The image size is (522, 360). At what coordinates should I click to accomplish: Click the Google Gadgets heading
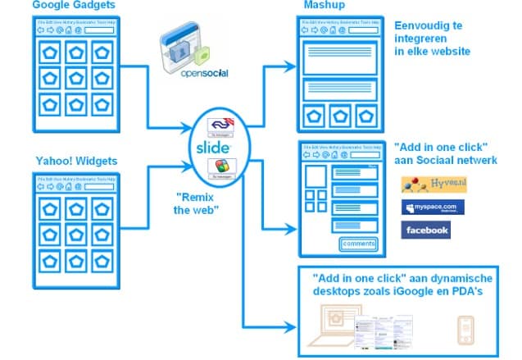[73, 7]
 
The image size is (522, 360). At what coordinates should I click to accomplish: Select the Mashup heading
[323, 7]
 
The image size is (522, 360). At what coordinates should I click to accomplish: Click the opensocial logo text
[194, 72]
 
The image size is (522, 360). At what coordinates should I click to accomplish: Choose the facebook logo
[426, 230]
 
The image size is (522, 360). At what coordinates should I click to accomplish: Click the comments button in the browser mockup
[358, 244]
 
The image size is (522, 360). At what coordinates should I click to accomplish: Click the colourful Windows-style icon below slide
[219, 166]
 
